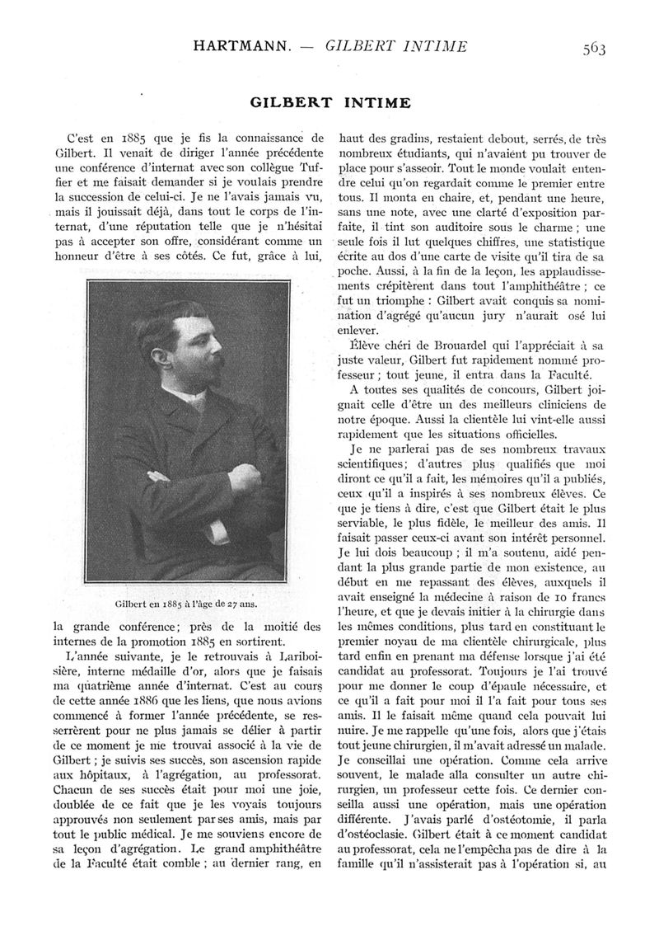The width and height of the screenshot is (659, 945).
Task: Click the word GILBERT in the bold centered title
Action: tap(288, 103)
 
